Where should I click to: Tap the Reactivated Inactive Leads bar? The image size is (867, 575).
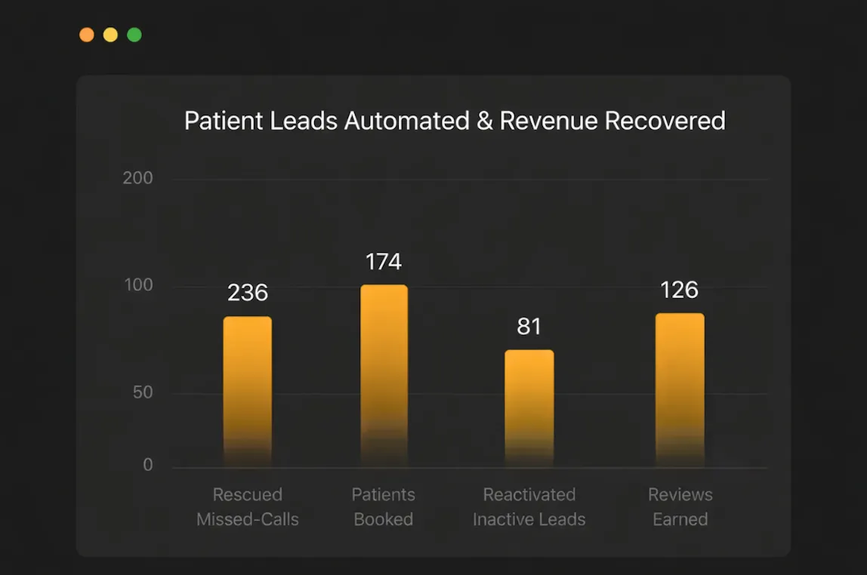[529, 407]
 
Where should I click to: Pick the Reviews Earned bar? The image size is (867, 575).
[680, 389]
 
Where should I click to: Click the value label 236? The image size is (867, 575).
[248, 293]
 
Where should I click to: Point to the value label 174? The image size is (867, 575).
[384, 262]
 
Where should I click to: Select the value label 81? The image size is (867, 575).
[529, 327]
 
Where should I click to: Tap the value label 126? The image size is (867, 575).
[679, 290]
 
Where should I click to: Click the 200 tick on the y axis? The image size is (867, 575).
[137, 178]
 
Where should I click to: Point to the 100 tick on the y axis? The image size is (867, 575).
[137, 285]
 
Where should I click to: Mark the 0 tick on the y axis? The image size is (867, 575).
[148, 465]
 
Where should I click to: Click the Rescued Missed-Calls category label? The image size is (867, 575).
[248, 507]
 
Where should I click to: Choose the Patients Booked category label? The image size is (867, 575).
[384, 507]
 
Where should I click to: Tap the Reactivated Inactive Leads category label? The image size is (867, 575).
[529, 507]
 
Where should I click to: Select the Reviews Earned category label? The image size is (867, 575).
[680, 507]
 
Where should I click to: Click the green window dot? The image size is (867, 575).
[134, 35]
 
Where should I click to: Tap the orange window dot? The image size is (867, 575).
[87, 35]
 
